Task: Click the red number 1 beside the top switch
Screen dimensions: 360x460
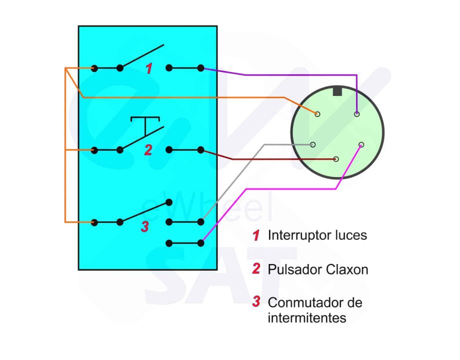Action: point(149,69)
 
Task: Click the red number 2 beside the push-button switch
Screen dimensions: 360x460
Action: point(148,150)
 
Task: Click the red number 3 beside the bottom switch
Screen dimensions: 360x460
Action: point(144,226)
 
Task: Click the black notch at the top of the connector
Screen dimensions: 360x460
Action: point(337,91)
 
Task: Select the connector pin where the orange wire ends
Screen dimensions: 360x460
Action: point(317,114)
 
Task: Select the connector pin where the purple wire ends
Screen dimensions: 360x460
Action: point(356,114)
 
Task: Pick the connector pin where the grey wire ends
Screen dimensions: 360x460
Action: point(313,144)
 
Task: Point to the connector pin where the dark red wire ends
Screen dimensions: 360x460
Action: point(336,159)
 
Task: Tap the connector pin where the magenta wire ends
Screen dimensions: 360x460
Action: point(361,145)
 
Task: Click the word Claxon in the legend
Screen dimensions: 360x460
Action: point(347,269)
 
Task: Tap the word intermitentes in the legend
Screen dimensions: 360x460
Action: point(307,317)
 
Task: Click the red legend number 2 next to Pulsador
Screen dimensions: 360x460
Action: point(256,269)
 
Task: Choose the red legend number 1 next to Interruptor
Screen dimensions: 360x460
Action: point(256,235)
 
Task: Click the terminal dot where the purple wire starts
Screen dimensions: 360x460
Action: point(201,68)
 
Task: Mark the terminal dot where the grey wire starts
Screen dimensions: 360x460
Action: point(201,221)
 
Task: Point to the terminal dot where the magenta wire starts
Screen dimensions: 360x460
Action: point(201,243)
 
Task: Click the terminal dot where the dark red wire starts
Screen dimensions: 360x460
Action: point(201,149)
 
